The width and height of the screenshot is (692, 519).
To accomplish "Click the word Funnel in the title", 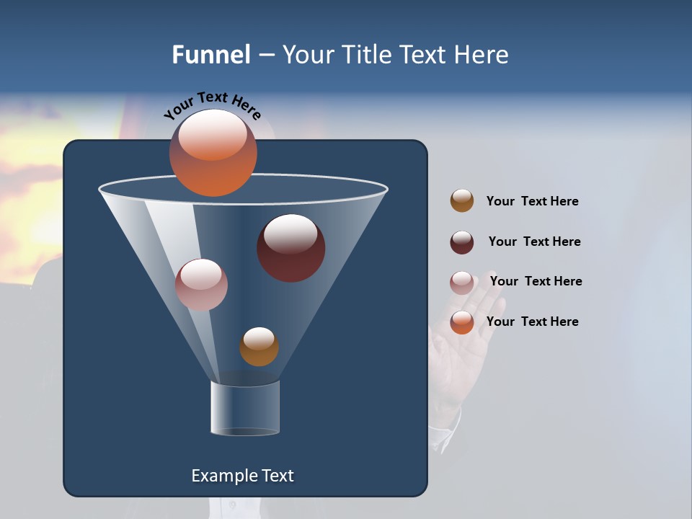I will point(210,55).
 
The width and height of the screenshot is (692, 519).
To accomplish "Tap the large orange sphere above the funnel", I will point(213,153).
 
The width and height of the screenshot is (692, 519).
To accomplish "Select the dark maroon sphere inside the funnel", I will point(290,248).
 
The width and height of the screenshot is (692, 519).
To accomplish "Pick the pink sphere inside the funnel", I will point(201,285).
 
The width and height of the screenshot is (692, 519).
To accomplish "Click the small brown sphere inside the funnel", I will point(259,347).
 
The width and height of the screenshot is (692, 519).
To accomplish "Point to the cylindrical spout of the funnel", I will point(245,408).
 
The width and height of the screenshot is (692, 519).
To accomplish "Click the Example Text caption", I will point(242,476).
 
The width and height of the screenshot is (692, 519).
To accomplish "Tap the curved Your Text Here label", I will point(212,104).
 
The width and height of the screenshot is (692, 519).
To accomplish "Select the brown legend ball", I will point(462,201).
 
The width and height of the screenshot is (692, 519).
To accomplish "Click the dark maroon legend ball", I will point(462,242).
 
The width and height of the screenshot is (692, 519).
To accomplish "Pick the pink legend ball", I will point(462,283).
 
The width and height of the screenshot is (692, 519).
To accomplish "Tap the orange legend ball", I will point(462,322).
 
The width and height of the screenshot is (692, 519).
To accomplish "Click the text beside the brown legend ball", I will point(532,202).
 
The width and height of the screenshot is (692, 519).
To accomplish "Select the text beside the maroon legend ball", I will point(534,242).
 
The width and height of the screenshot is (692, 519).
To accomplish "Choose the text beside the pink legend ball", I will point(536,282).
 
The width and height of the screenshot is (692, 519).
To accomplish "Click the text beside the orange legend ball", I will point(532,321).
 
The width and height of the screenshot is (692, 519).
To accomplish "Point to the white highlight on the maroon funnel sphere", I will point(290,232).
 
